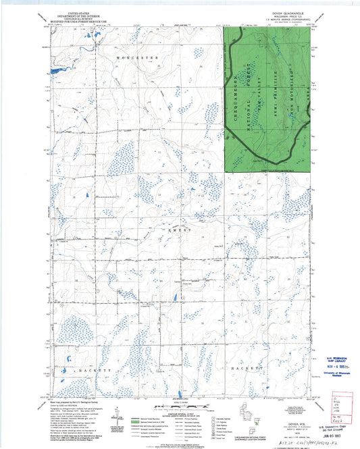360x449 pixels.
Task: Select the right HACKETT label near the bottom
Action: (246, 369)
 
